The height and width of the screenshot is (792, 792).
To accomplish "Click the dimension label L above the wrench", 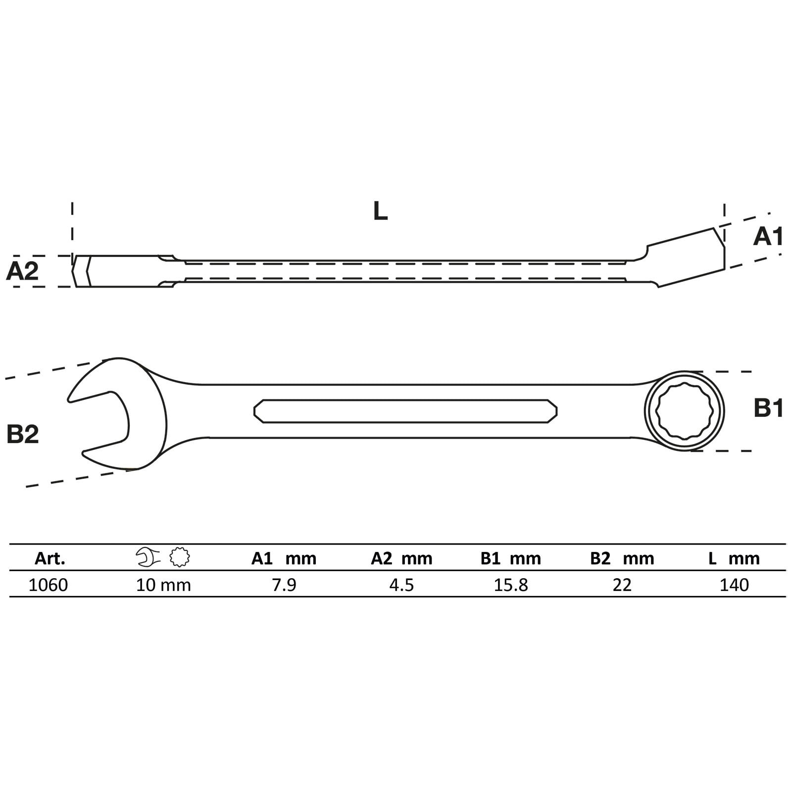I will click(380, 211).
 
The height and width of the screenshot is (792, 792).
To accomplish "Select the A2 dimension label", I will click(22, 271).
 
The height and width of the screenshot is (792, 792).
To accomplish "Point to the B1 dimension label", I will click(768, 409).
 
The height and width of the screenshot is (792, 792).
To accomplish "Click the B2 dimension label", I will click(22, 434).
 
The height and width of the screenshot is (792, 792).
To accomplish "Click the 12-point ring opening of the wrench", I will click(684, 411).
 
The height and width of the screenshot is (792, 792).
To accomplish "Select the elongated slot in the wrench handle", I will click(405, 411).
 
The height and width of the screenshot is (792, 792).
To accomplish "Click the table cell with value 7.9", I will click(284, 585).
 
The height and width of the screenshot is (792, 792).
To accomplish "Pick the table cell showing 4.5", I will click(401, 585).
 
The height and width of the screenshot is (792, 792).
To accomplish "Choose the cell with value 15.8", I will click(511, 585).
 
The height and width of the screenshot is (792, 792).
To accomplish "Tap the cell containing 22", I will click(622, 585).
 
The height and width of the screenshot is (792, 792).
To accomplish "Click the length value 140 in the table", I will click(734, 585).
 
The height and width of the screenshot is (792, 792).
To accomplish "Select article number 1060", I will click(49, 585).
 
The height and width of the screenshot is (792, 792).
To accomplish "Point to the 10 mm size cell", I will click(163, 585).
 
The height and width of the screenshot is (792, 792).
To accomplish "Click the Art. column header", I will click(49, 559).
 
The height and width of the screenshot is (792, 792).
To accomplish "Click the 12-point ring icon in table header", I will click(180, 557).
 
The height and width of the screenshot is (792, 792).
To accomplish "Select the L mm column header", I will click(734, 559).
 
